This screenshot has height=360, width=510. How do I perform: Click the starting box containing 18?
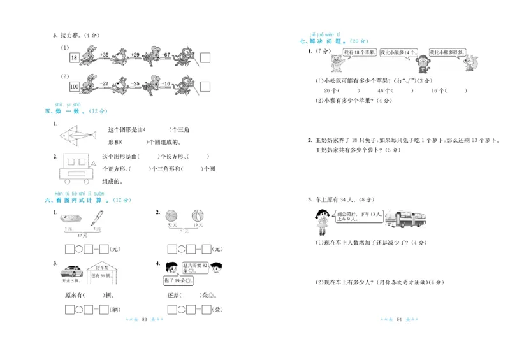tap(74, 58)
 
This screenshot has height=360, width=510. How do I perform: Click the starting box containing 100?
tap(74, 85)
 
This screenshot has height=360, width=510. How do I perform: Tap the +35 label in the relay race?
tap(105, 54)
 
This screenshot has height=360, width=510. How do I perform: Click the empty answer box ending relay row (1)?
tap(205, 58)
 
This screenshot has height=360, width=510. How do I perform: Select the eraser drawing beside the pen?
tap(72, 219)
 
